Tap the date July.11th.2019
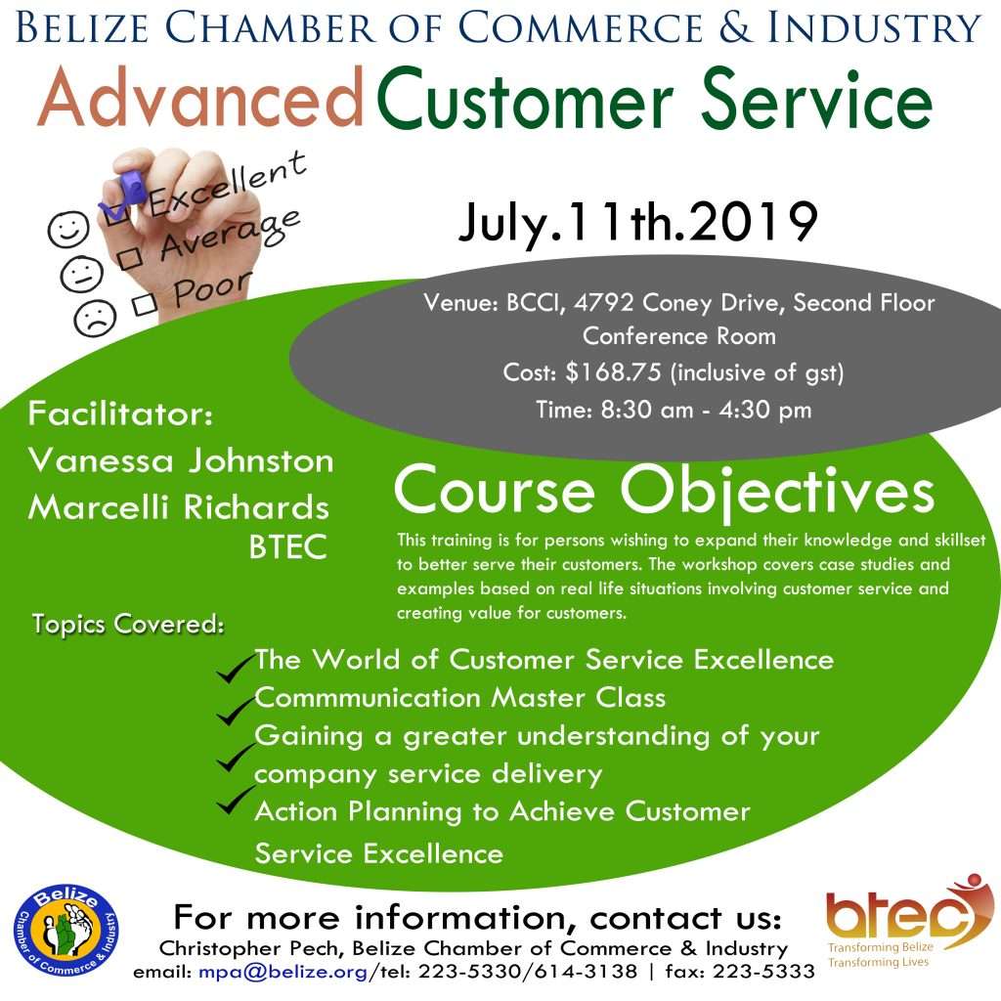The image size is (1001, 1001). tap(637, 222)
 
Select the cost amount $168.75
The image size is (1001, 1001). tap(613, 372)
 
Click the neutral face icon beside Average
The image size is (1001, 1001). tap(81, 273)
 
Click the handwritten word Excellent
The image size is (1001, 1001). tap(227, 184)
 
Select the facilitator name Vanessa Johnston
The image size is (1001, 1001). tap(181, 460)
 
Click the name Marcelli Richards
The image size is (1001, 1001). tap(179, 507)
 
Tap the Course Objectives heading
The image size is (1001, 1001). tap(664, 491)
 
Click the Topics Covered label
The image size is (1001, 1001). tap(128, 624)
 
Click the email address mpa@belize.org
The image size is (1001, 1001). tap(283, 972)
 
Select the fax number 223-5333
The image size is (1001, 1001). tap(763, 972)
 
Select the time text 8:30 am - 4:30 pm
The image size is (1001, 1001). tap(706, 410)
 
